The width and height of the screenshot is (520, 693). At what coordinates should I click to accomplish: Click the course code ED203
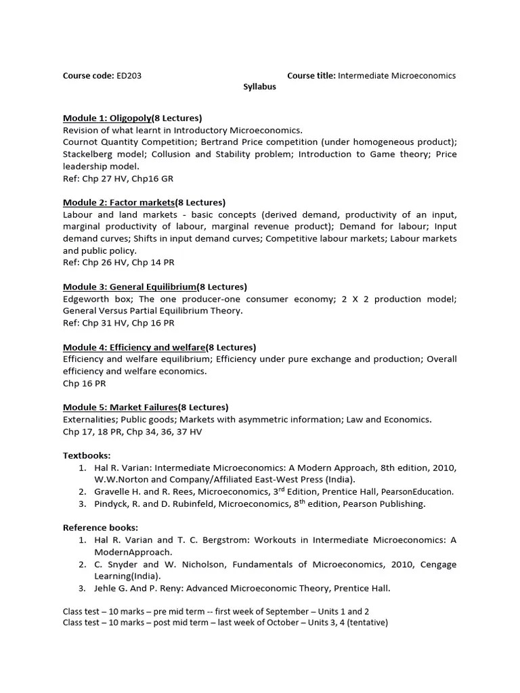[x=129, y=76]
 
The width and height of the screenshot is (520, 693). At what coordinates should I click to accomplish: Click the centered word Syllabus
[x=259, y=87]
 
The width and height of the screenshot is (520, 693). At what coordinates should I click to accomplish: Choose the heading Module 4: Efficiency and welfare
[x=134, y=347]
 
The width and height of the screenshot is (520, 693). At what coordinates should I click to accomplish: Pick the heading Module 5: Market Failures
[x=120, y=407]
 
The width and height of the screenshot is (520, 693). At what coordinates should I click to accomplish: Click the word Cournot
[x=82, y=142]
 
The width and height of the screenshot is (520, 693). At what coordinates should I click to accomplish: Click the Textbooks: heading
[x=87, y=455]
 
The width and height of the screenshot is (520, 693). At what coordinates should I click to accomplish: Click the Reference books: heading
[x=100, y=527]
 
